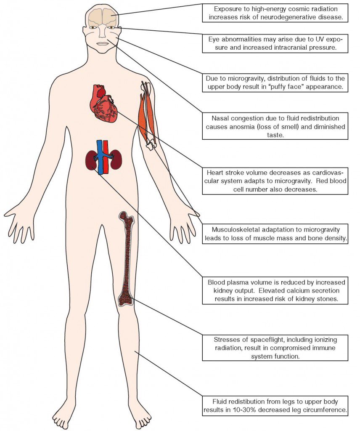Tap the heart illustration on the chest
106,105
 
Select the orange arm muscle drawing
147,114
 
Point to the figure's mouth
102,43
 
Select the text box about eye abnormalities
275,44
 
